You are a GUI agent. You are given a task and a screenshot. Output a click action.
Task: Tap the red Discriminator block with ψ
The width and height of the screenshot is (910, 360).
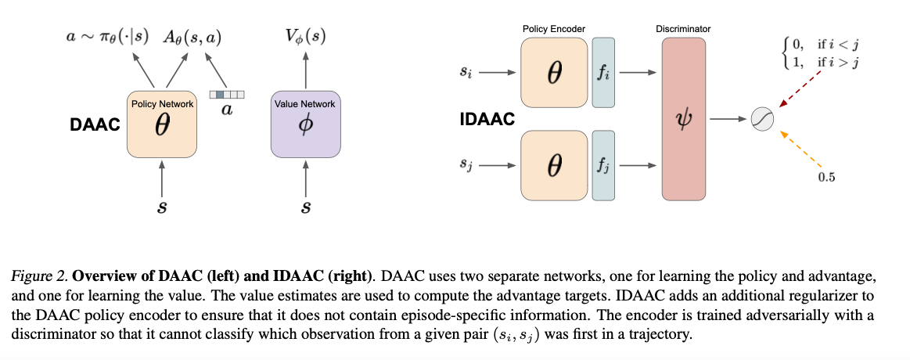tap(685, 118)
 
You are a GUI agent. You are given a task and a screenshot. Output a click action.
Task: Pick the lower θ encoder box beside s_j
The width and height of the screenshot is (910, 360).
tap(554, 165)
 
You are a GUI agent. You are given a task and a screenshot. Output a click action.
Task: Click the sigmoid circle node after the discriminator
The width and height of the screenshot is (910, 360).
tap(761, 119)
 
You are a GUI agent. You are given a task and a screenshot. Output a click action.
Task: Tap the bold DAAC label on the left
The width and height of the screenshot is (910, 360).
tap(95, 124)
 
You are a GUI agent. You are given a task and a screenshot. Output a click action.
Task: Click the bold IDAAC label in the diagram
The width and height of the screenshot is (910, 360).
tap(486, 120)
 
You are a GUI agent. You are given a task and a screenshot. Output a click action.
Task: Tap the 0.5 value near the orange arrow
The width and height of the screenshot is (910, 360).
tap(826, 178)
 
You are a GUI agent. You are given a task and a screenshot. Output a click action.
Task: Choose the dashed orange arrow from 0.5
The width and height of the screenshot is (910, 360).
tap(799, 147)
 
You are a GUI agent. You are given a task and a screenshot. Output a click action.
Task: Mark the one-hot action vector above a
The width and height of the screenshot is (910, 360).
tap(227, 95)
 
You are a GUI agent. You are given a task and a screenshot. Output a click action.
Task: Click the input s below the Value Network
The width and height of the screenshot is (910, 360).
tap(305, 208)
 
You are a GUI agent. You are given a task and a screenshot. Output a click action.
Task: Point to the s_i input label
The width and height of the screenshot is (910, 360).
tap(466, 73)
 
